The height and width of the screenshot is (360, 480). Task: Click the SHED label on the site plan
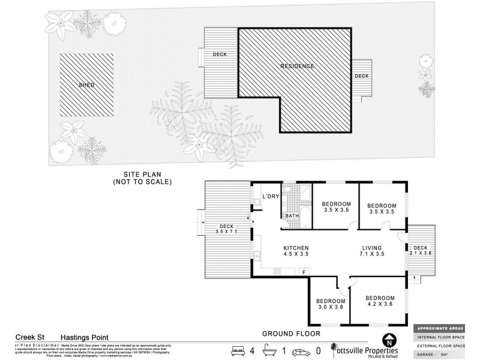tap(86, 85)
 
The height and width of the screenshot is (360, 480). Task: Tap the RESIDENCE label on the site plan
tap(298, 65)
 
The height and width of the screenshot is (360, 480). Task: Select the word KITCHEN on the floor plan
tap(296, 247)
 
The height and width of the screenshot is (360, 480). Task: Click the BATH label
tap(292, 215)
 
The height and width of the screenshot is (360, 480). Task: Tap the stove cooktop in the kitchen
tap(278, 272)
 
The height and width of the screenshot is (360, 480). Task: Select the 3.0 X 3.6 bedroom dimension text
tap(331, 307)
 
